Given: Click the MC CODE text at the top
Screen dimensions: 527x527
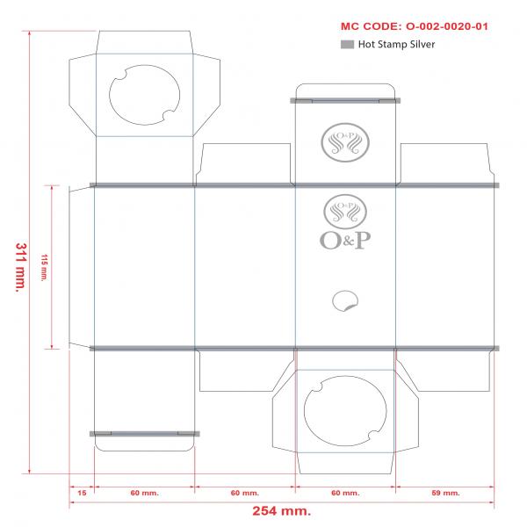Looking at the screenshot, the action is pyautogui.click(x=414, y=26).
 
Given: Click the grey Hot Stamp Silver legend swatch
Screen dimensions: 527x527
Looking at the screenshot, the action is pyautogui.click(x=347, y=45).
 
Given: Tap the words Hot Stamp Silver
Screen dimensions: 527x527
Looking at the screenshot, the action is pyautogui.click(x=396, y=45).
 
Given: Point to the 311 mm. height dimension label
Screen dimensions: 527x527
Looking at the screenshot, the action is pyautogui.click(x=21, y=268).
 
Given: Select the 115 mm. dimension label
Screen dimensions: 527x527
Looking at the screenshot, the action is pyautogui.click(x=44, y=268).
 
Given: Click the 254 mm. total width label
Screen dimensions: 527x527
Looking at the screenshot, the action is pyautogui.click(x=282, y=511).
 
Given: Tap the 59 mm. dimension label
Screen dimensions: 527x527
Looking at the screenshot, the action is pyautogui.click(x=445, y=493).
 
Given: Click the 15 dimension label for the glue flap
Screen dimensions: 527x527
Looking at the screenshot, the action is pyautogui.click(x=82, y=493).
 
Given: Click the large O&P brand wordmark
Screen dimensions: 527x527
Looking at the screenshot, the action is pyautogui.click(x=345, y=241).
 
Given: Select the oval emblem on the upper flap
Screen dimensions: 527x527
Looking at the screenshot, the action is pyautogui.click(x=345, y=142).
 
